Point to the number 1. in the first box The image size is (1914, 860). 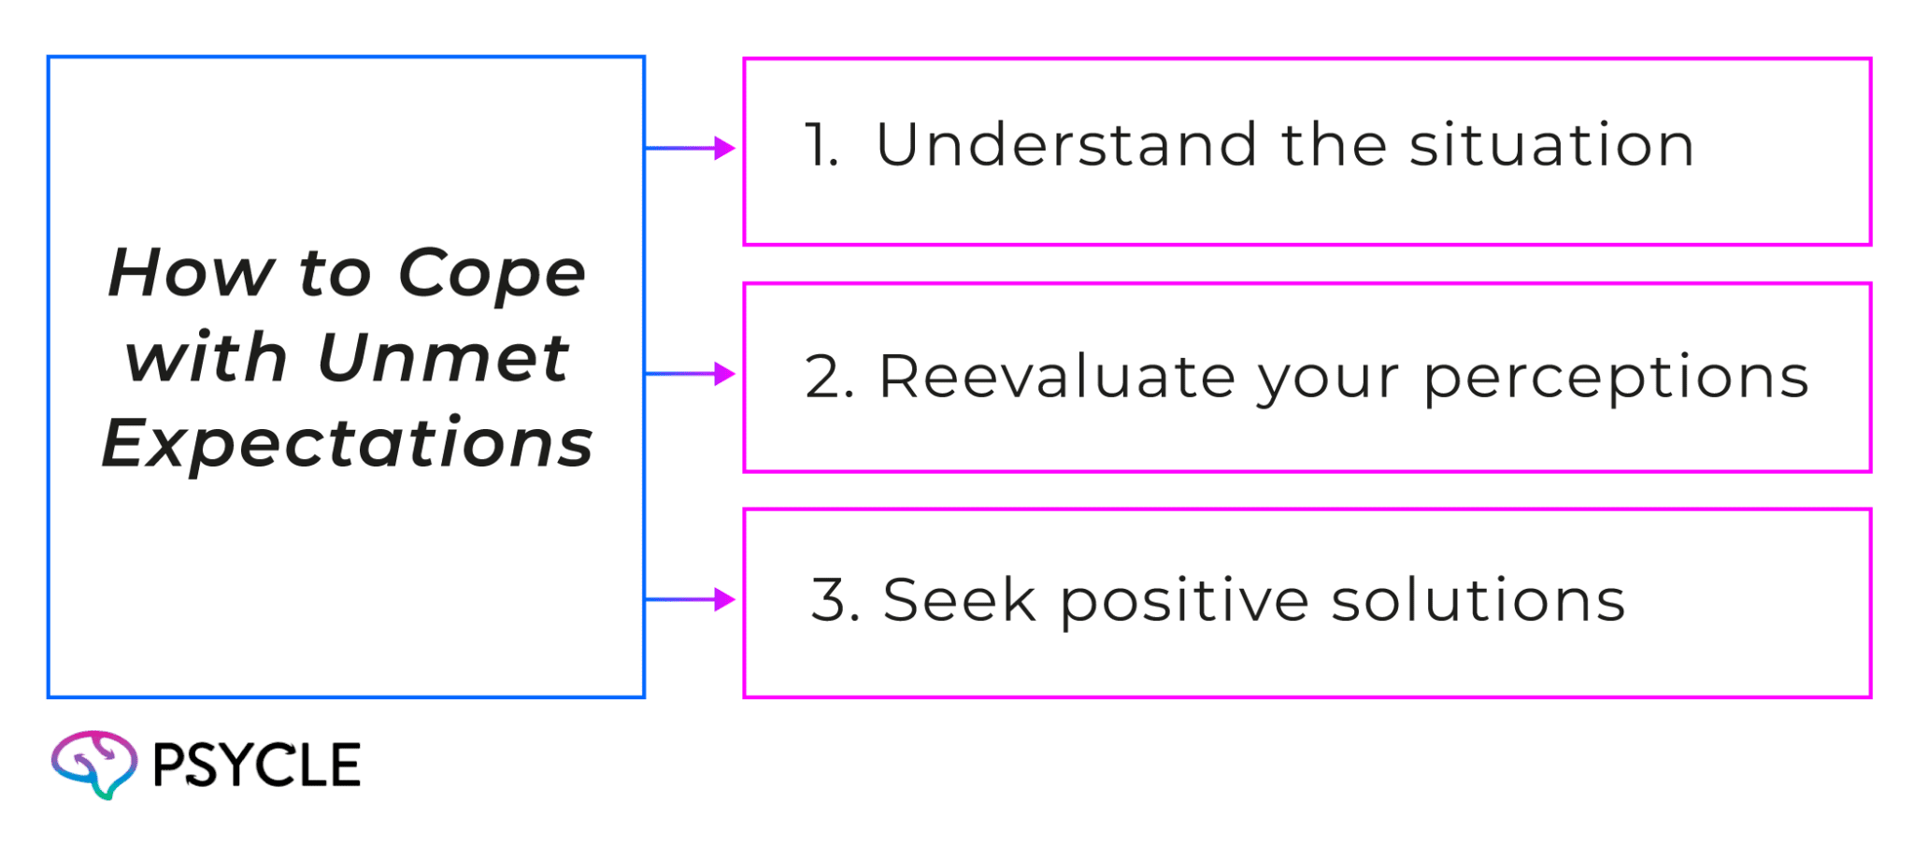[821, 146]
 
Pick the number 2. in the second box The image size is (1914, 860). [829, 378]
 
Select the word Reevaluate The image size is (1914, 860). [1056, 377]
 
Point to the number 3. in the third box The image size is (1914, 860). [835, 600]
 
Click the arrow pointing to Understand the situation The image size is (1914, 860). [693, 148]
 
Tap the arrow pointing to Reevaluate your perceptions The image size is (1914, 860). [693, 374]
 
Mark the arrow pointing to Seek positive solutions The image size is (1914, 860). [693, 599]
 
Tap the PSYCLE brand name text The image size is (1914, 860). [255, 766]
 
